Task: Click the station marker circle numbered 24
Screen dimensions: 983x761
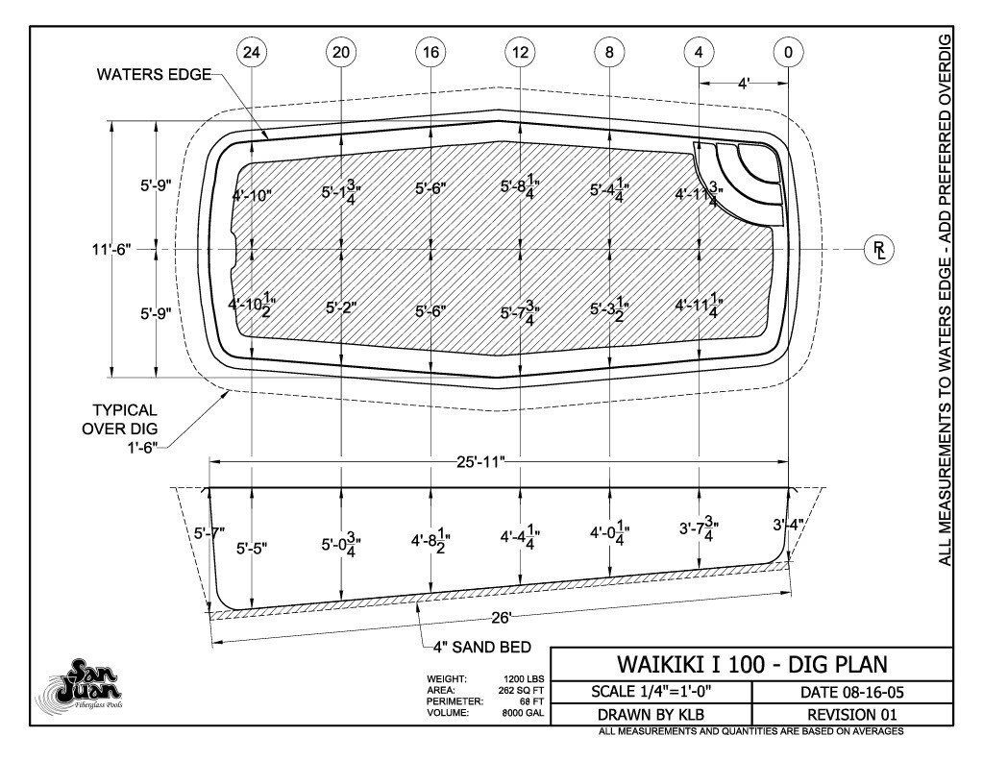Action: tap(252, 51)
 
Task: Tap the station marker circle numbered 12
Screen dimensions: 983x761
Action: tap(521, 51)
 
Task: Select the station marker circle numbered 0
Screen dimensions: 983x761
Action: tap(788, 51)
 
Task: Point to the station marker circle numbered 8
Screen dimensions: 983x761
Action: tap(610, 51)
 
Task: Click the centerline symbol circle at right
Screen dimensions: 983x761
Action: tap(879, 250)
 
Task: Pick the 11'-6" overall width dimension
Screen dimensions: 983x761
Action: tap(111, 250)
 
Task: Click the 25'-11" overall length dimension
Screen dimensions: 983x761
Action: tap(480, 462)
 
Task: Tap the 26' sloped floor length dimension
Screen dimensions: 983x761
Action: tap(501, 618)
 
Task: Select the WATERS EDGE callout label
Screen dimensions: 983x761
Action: tap(154, 75)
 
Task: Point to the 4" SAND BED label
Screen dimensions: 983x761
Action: tap(482, 647)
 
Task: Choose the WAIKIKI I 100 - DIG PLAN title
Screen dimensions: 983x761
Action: tap(751, 664)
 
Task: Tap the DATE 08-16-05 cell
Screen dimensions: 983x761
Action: tap(852, 692)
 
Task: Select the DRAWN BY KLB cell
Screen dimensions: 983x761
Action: tap(651, 715)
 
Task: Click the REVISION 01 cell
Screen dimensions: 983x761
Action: tap(852, 715)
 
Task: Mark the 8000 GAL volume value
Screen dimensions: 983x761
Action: tap(523, 713)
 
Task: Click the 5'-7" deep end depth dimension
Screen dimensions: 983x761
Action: tap(209, 533)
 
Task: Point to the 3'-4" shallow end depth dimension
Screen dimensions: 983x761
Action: tap(789, 525)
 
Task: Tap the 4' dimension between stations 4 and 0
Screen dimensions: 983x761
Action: tap(744, 84)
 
